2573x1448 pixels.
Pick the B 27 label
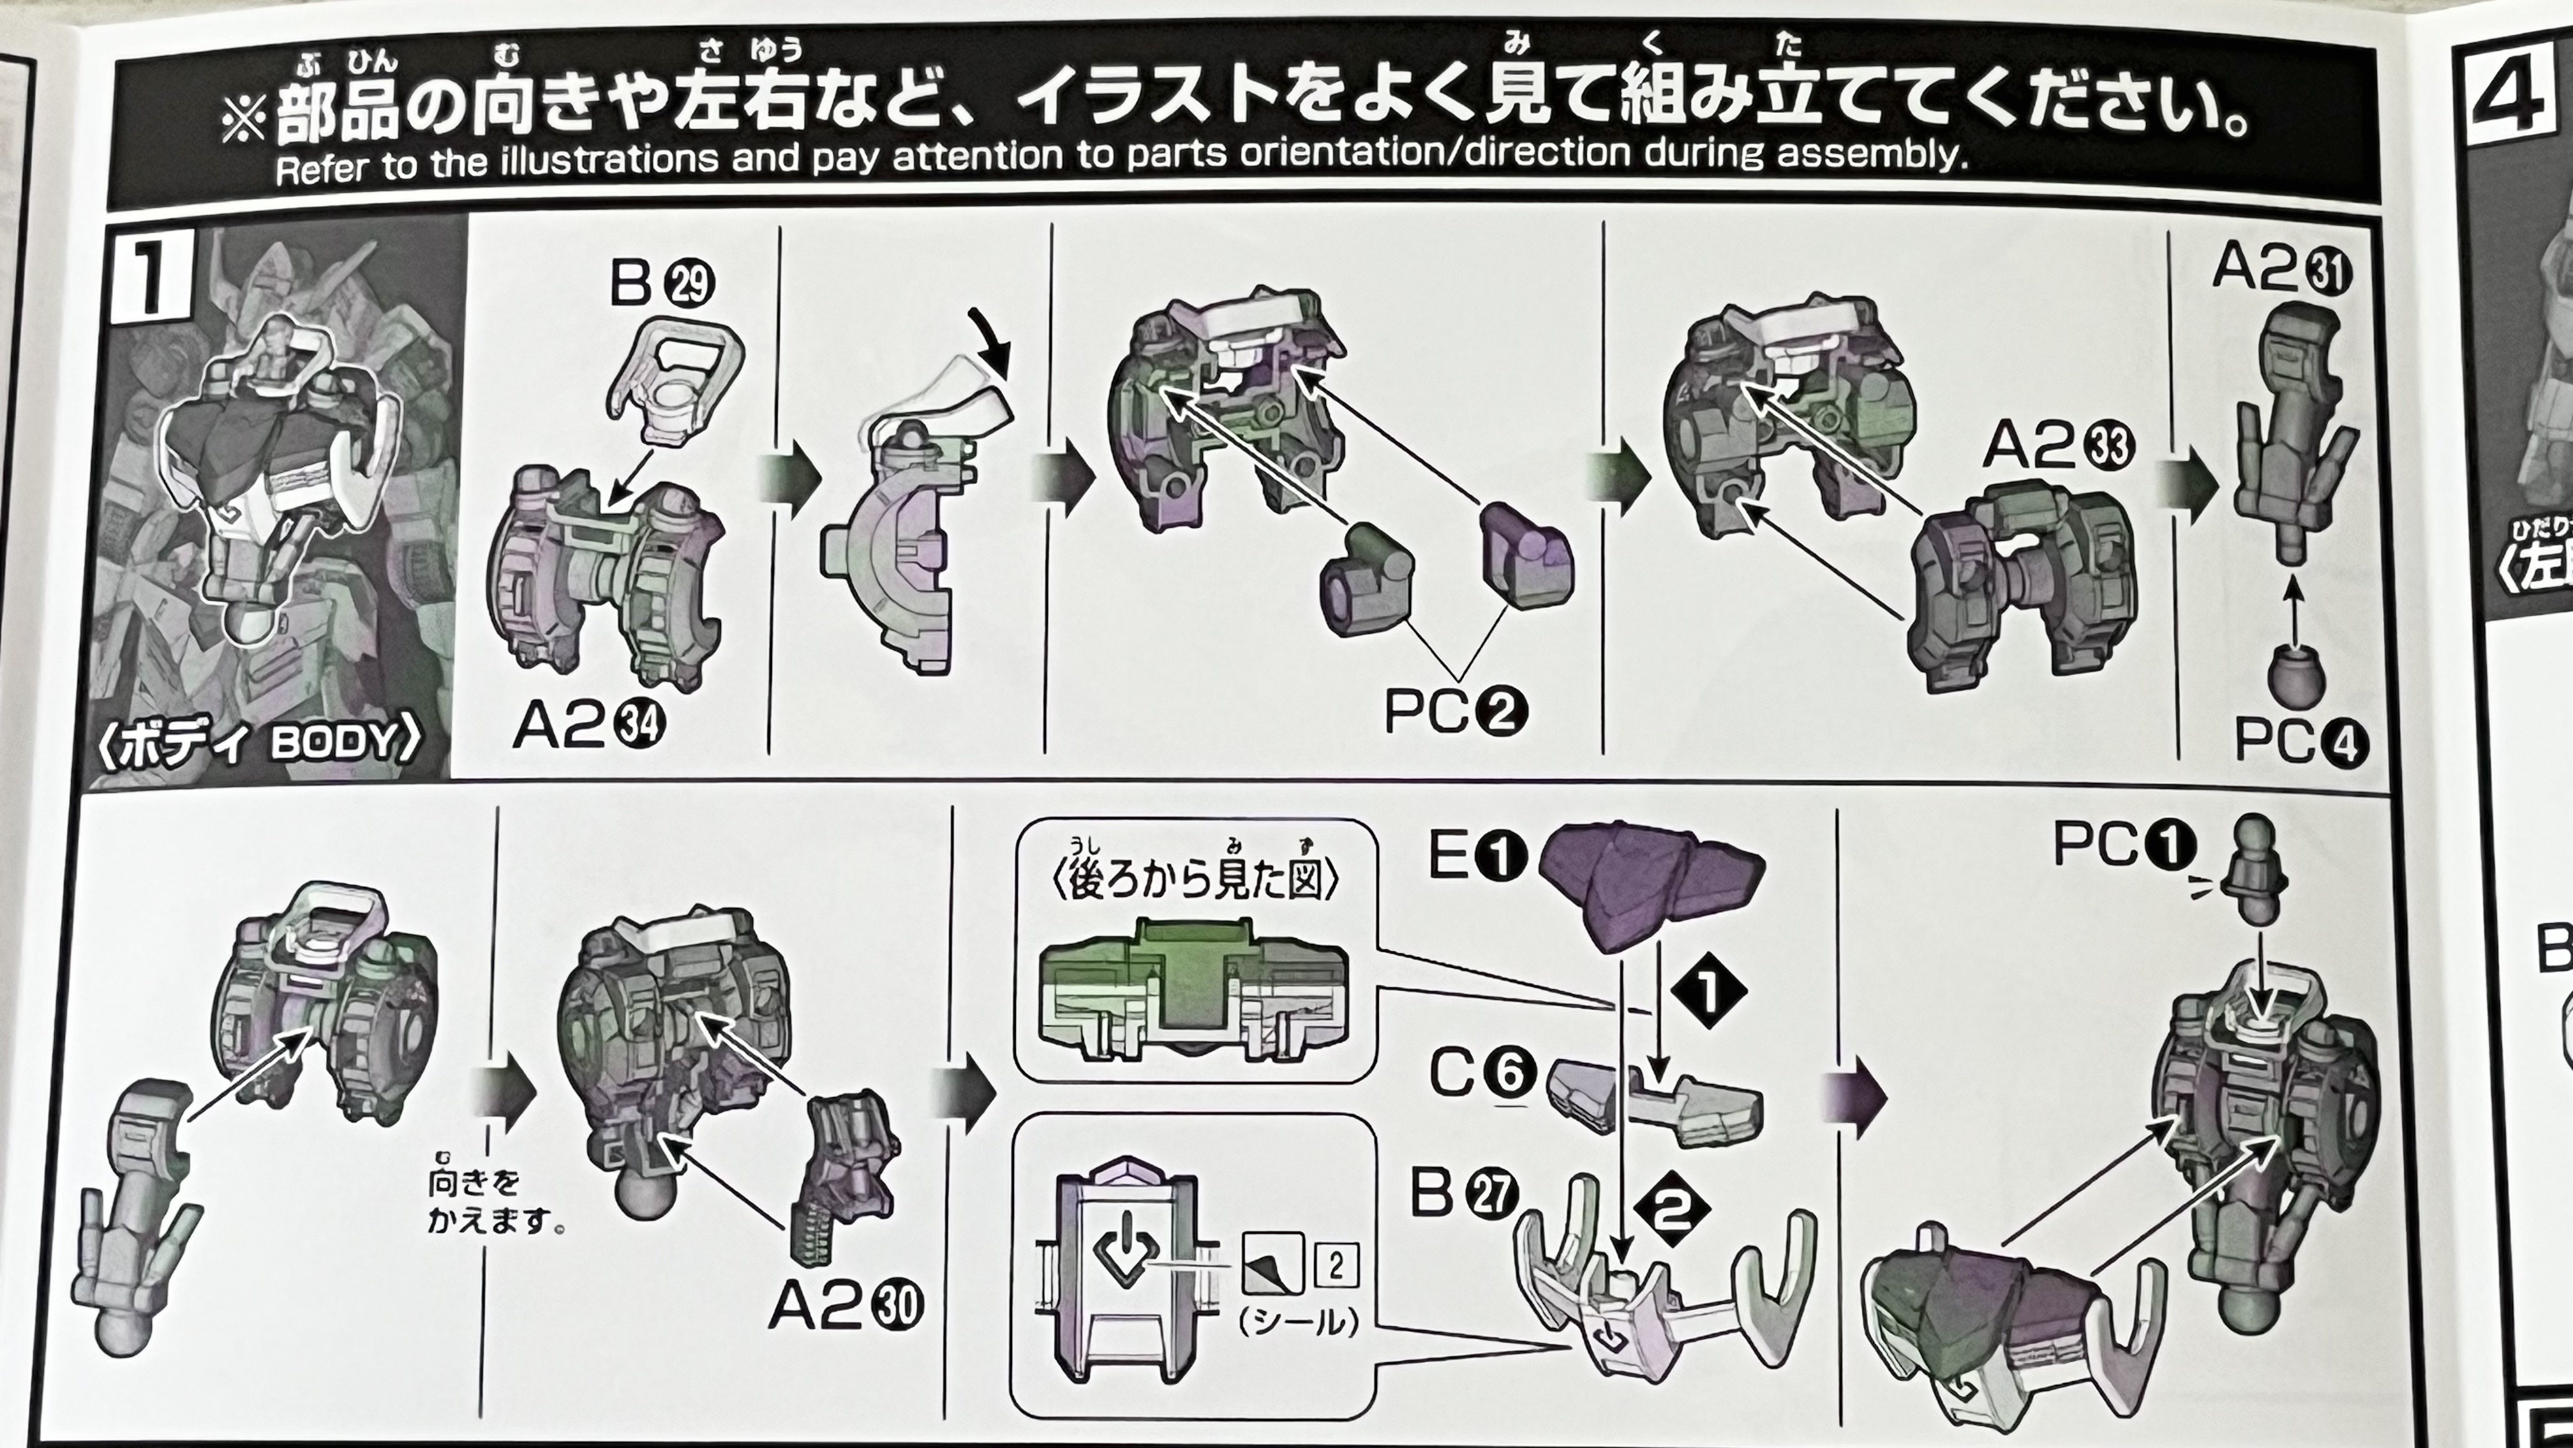1465,1193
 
